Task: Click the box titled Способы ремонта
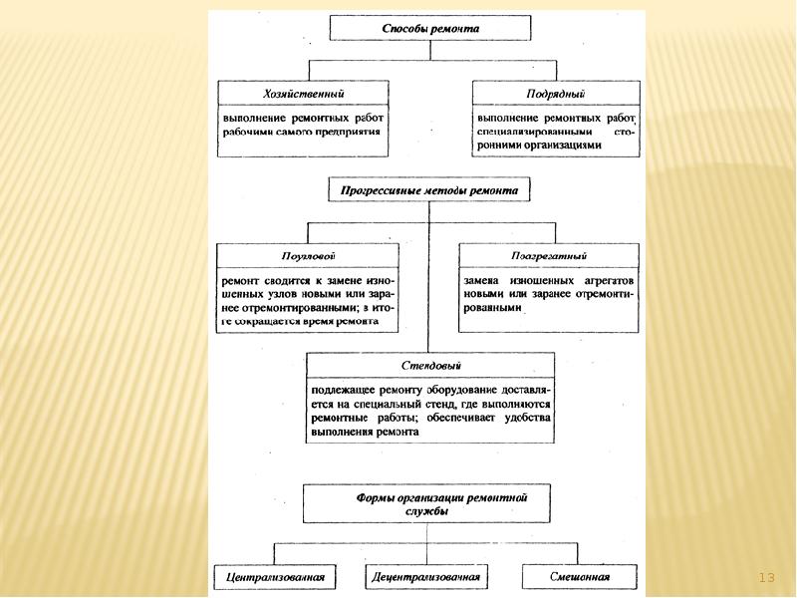(x=430, y=29)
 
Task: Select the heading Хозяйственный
(x=304, y=93)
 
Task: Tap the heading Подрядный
(x=555, y=93)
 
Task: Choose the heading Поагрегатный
(x=549, y=255)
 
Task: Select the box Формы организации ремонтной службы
(x=428, y=503)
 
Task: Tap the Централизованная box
(x=275, y=576)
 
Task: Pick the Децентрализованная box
(x=427, y=576)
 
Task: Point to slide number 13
(x=766, y=577)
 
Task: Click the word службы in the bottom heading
(x=428, y=510)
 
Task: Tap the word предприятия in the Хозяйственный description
(x=348, y=131)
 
